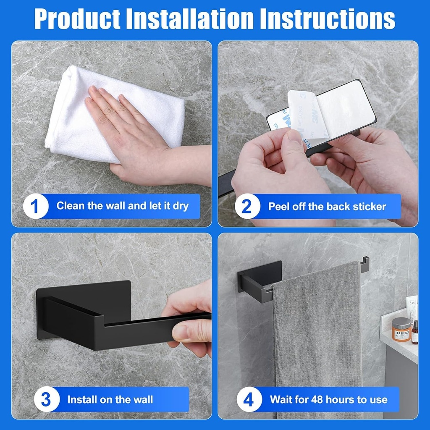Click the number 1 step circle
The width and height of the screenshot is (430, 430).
coord(36,206)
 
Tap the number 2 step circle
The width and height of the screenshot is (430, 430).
coord(247,206)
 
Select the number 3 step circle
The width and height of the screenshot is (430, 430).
coord(46,399)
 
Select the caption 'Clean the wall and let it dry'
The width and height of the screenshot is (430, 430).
coord(122,206)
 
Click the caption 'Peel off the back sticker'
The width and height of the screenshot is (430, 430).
coord(327,206)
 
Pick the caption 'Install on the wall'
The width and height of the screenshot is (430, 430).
coord(110,399)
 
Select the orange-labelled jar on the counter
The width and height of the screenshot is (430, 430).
coord(401,329)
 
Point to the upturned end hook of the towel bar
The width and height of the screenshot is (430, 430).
coord(364,264)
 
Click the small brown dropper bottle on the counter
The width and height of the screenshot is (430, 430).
coord(414,333)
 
